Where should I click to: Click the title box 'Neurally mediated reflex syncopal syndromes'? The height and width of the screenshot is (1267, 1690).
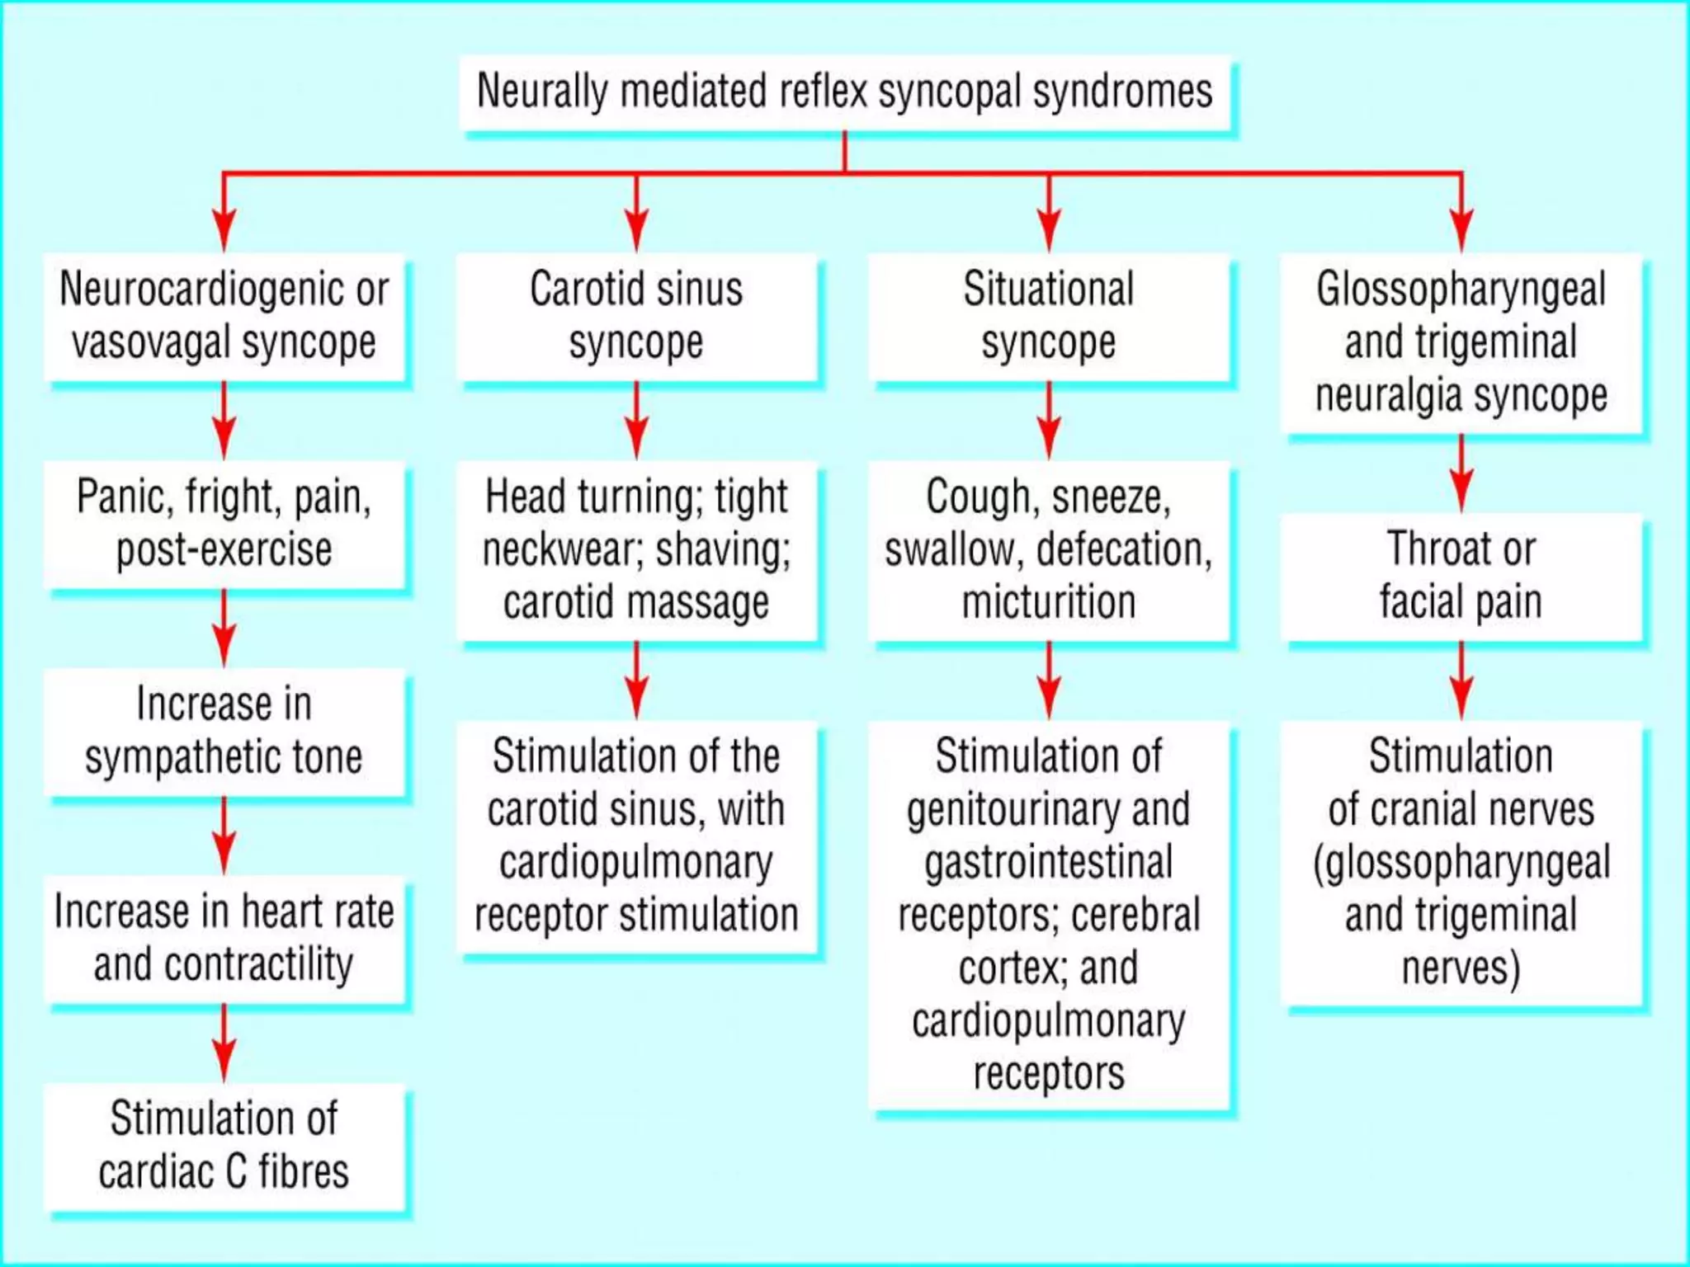click(845, 92)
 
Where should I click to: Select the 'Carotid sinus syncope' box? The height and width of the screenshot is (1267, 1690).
click(636, 316)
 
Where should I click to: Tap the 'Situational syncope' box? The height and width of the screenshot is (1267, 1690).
click(1049, 316)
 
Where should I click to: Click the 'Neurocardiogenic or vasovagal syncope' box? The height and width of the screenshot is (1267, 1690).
click(224, 316)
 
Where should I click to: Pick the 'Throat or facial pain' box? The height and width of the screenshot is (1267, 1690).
click(1461, 575)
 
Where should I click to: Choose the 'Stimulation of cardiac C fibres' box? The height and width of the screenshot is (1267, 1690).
click(224, 1146)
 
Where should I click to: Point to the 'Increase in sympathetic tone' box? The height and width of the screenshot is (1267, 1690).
click(224, 731)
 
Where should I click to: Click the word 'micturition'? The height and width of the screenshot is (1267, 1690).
click(1049, 602)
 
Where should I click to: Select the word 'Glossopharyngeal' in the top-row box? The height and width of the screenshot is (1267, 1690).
click(1461, 290)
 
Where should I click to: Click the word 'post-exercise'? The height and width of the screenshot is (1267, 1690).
click(224, 550)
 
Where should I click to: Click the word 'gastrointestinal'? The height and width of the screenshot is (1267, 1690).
click(1049, 862)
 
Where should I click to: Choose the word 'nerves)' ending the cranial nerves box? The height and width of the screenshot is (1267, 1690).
click(1461, 968)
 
